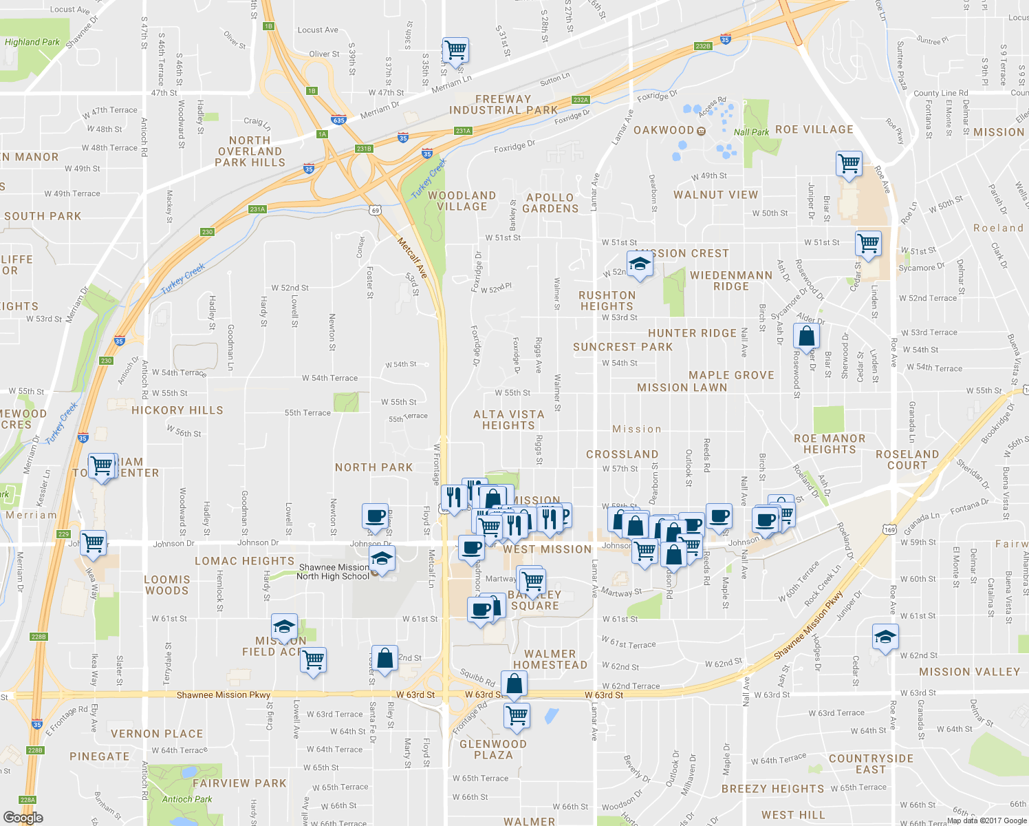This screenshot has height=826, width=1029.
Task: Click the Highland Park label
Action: pyautogui.click(x=32, y=42)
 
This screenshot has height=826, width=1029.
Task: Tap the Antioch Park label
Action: pyautogui.click(x=186, y=799)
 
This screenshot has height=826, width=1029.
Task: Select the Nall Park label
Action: pyautogui.click(x=751, y=132)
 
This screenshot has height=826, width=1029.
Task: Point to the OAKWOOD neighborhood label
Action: pyautogui.click(x=664, y=130)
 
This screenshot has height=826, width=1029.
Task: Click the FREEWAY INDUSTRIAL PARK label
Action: pyautogui.click(x=503, y=105)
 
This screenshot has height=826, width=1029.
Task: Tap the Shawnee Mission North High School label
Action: pyautogui.click(x=333, y=572)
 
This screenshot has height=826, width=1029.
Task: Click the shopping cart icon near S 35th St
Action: pyautogui.click(x=455, y=50)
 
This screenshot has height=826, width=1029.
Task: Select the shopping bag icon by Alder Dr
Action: pyautogui.click(x=807, y=337)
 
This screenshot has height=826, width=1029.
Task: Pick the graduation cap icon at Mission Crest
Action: pyautogui.click(x=640, y=264)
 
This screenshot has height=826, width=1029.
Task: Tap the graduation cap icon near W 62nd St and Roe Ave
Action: pyautogui.click(x=885, y=637)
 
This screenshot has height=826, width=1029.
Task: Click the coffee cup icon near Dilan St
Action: pyautogui.click(x=376, y=516)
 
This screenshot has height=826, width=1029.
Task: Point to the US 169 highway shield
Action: pyautogui.click(x=890, y=529)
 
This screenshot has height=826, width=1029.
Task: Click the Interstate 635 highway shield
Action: pyautogui.click(x=338, y=120)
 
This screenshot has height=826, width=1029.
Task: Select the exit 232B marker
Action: pyautogui.click(x=702, y=46)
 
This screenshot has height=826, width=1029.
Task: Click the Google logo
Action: pyautogui.click(x=23, y=818)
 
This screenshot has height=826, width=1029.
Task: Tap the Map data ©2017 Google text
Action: pyautogui.click(x=987, y=820)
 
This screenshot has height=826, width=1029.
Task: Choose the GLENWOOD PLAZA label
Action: pyautogui.click(x=493, y=750)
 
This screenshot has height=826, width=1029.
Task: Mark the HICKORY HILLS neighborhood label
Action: pyautogui.click(x=177, y=410)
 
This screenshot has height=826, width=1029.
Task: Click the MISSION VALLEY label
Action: pyautogui.click(x=969, y=672)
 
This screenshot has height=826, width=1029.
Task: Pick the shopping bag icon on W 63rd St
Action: pyautogui.click(x=514, y=684)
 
